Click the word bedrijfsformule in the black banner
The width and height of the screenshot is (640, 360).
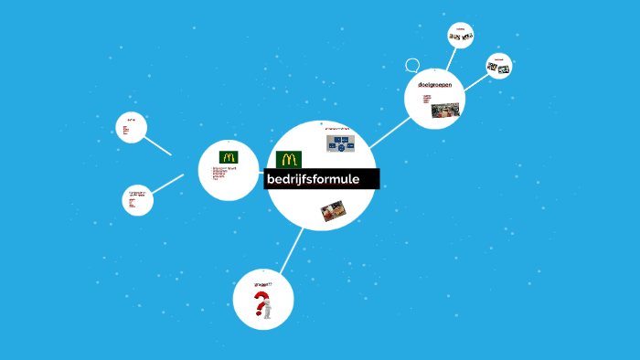click(x=313, y=178)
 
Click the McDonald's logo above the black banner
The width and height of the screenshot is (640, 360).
click(x=289, y=159)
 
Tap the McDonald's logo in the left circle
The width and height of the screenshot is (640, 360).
click(x=229, y=156)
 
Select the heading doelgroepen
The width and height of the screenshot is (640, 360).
click(x=434, y=85)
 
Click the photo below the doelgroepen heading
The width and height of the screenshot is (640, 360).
click(x=445, y=110)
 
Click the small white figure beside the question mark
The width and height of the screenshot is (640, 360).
click(x=269, y=312)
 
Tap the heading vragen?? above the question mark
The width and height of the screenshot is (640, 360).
click(x=263, y=284)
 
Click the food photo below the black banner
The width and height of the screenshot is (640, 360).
click(x=332, y=212)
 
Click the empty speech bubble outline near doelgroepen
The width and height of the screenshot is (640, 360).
click(x=412, y=66)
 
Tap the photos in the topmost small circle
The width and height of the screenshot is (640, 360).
click(x=461, y=37)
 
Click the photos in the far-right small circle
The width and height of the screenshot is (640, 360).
click(x=498, y=68)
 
